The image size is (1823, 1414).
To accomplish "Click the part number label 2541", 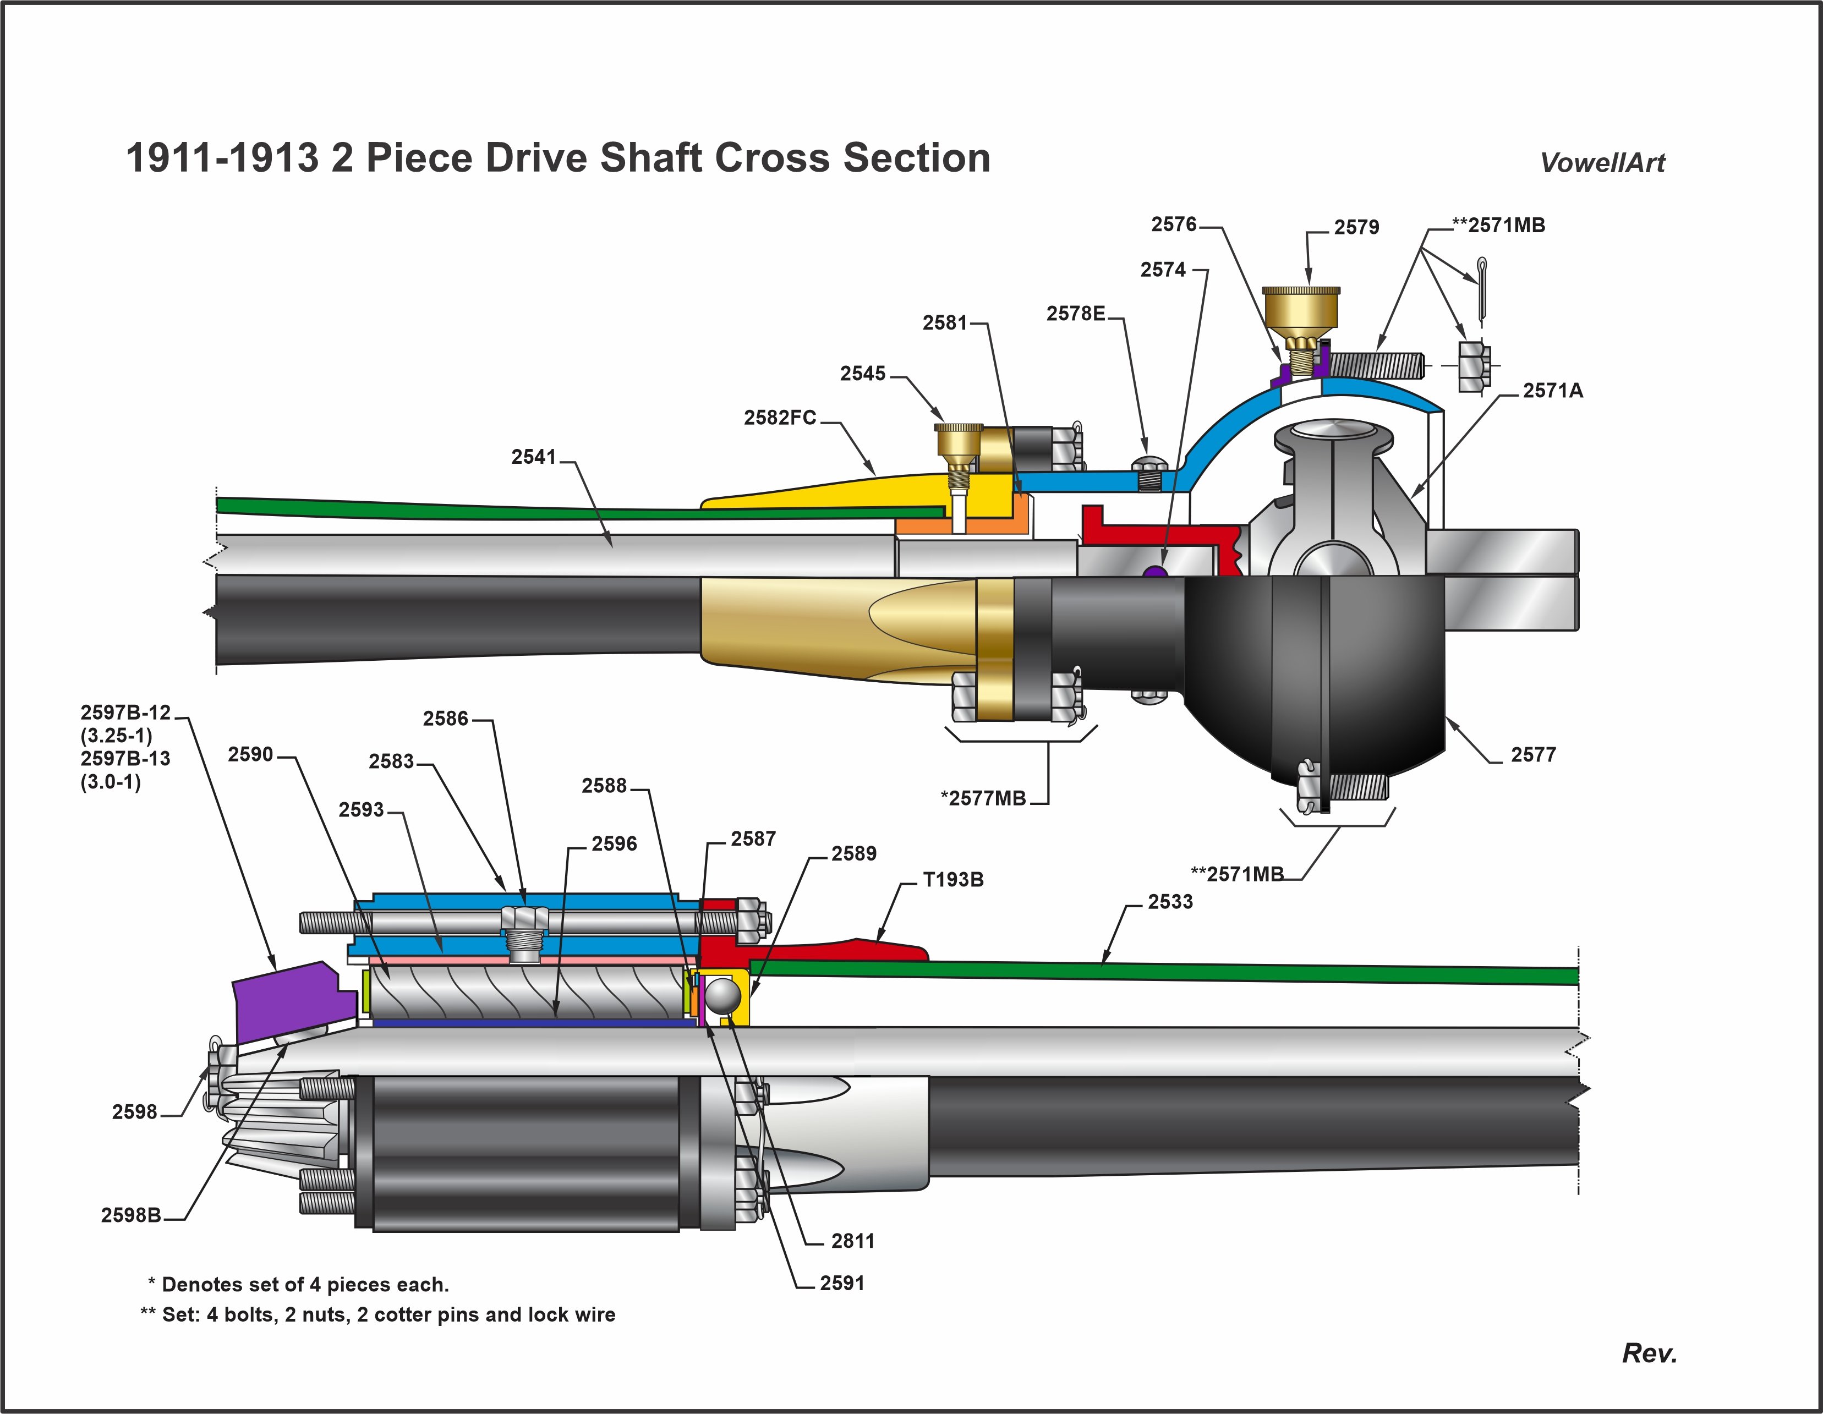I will tap(533, 457).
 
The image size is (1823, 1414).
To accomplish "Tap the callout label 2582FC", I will tap(780, 418).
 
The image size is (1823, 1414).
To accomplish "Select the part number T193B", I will tap(952, 880).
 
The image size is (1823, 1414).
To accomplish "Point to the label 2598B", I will tap(131, 1215).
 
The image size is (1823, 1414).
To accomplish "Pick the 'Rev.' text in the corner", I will tap(1649, 1354).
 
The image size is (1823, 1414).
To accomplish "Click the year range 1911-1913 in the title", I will tap(222, 158).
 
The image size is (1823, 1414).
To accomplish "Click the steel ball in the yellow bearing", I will tap(724, 996).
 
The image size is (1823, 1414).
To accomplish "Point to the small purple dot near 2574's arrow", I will tap(1154, 572).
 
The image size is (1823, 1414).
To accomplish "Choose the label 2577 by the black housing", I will tap(1534, 755).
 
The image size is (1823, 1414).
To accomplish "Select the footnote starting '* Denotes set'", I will tap(298, 1285).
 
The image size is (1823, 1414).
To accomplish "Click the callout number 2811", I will tap(852, 1241).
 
